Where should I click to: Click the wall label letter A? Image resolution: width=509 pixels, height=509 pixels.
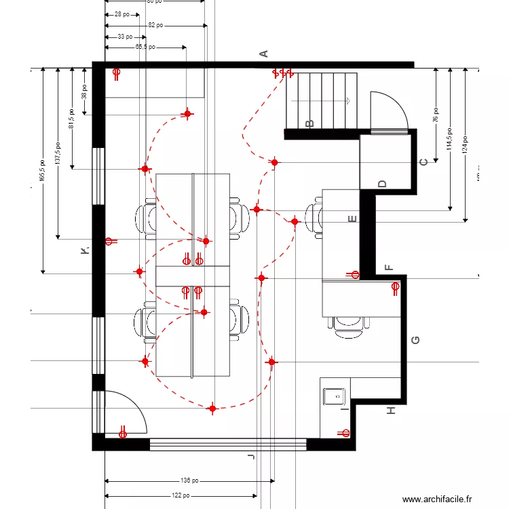coord(265,54)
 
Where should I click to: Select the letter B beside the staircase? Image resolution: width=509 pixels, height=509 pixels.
coord(310,124)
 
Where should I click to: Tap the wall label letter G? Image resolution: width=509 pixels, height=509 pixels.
coord(416,340)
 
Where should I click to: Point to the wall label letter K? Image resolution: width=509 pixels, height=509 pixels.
coord(84,251)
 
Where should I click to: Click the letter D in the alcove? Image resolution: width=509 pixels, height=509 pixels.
coord(382,184)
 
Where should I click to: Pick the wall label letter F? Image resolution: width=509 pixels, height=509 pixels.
coord(388,267)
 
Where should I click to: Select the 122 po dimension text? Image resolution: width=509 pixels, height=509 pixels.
coord(181,495)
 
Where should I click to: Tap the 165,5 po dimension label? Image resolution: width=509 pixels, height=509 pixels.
coord(42,170)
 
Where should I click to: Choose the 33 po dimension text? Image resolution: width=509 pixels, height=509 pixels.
coord(125,37)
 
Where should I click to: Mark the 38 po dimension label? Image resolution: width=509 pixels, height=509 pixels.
coord(84,91)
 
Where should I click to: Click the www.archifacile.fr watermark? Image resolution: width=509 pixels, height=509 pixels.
coord(436,499)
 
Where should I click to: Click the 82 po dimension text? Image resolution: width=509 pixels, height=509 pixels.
coord(155,25)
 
